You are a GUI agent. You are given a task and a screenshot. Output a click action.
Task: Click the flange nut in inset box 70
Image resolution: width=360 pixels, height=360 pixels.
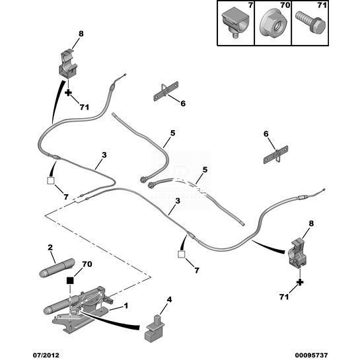click(x=273, y=22)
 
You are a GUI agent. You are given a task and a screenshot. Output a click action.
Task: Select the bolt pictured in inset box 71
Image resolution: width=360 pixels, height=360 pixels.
click(x=310, y=22)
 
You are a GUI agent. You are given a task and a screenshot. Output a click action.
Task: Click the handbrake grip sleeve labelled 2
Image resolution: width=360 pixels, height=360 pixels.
click(x=57, y=268)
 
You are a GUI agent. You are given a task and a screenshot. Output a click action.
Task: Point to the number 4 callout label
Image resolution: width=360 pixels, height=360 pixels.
click(x=169, y=299)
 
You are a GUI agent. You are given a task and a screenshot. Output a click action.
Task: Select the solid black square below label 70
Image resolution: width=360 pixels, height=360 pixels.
click(x=70, y=280)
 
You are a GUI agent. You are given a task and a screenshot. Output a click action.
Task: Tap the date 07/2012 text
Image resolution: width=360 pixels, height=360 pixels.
click(x=46, y=355)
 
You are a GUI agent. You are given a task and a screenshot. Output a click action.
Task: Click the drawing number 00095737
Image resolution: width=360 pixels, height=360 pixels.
click(x=311, y=355)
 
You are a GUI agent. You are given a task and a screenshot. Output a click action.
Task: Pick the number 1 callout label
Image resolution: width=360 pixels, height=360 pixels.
click(x=126, y=306)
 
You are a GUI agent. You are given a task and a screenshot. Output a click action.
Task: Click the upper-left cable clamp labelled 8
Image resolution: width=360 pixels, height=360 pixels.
click(x=69, y=64)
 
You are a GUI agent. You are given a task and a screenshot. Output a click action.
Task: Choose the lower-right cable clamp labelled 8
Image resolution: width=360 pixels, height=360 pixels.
click(x=297, y=253)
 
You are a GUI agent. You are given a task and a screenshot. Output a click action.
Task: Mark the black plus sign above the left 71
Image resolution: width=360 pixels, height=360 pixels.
click(x=68, y=93)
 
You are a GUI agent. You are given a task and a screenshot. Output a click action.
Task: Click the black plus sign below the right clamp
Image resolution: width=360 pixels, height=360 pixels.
click(x=300, y=282)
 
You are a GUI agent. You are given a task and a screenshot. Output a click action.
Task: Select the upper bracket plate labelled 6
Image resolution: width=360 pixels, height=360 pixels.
click(x=166, y=91)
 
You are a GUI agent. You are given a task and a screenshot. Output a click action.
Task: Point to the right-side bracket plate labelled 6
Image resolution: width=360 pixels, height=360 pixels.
click(x=275, y=155)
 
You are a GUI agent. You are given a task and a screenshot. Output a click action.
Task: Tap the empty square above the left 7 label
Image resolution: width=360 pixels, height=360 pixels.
click(x=50, y=181)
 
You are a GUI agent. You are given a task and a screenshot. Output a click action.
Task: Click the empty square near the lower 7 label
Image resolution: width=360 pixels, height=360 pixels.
click(x=182, y=254)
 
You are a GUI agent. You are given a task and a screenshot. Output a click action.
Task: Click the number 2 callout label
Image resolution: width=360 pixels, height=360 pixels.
click(x=50, y=247)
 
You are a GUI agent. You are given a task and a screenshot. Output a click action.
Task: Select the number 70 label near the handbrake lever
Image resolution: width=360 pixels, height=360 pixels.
click(x=87, y=264)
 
